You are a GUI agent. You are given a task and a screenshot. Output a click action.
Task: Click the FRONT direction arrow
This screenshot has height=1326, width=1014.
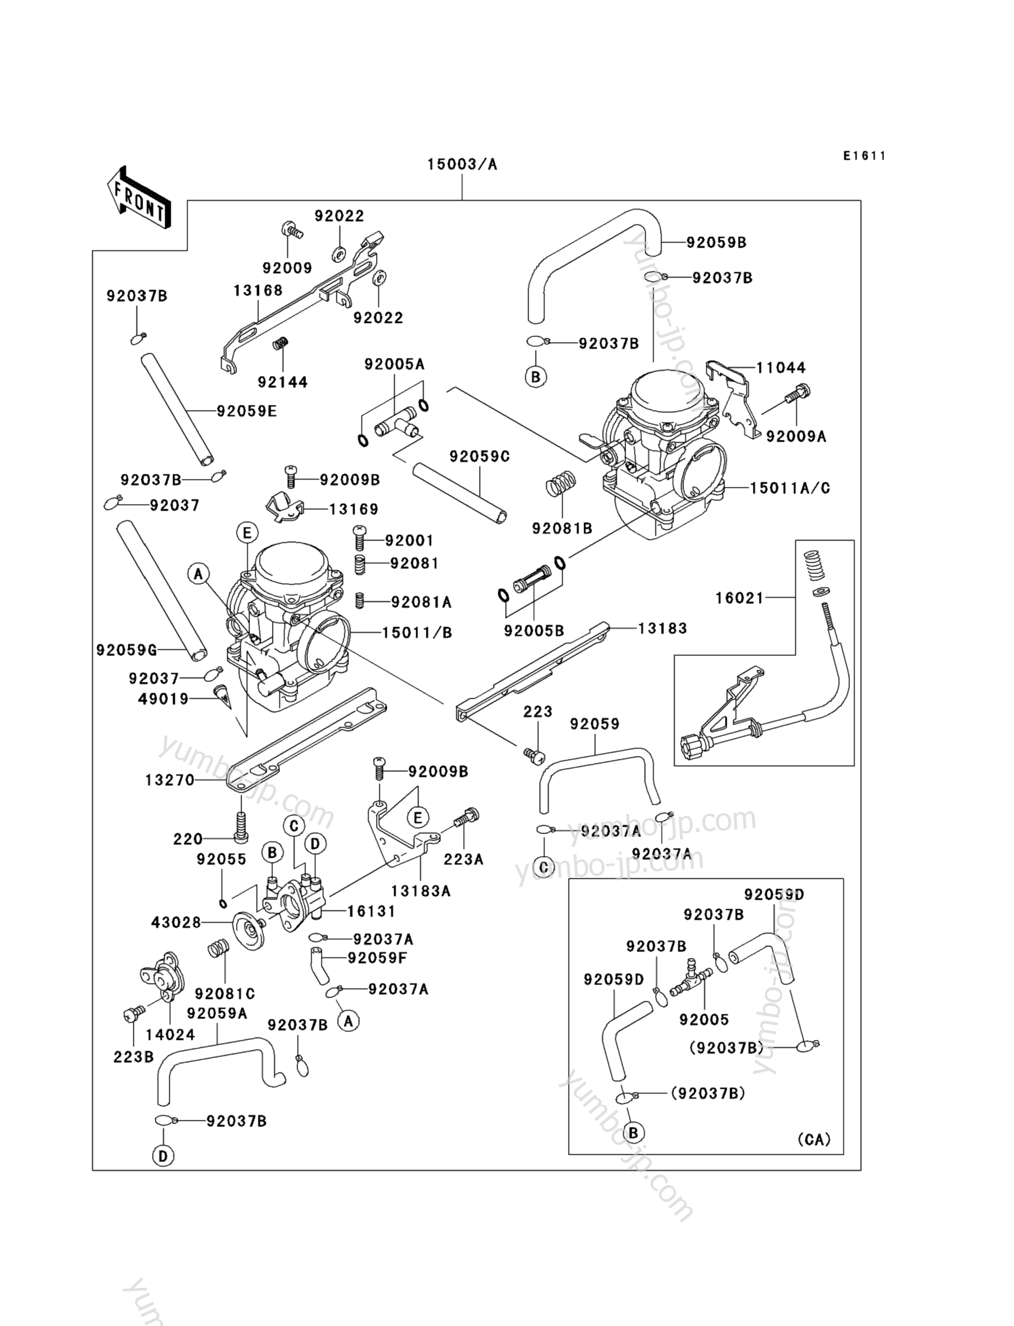[138, 197]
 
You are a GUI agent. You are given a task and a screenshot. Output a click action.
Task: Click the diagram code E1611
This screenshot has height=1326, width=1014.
[864, 156]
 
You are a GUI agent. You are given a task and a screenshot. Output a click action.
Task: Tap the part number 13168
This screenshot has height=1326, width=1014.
[258, 291]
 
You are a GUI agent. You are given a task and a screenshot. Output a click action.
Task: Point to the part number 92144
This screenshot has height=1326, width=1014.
[282, 382]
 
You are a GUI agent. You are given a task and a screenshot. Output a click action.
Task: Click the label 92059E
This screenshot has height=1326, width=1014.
[247, 412]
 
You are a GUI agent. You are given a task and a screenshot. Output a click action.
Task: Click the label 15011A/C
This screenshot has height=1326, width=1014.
[790, 487]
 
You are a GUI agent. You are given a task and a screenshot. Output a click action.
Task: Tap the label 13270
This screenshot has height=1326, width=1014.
[170, 780]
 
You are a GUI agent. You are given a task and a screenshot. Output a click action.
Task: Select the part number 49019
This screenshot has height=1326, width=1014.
[163, 699]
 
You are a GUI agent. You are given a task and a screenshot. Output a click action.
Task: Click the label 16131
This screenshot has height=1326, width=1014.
[371, 912]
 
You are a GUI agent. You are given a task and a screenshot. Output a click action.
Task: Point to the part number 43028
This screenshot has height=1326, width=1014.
[176, 923]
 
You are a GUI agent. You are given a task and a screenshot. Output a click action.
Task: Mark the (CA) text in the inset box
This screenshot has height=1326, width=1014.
[814, 1139]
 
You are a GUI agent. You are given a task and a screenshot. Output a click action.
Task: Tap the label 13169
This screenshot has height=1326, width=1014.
[353, 509]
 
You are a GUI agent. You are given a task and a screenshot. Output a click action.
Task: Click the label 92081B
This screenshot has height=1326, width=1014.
[562, 528]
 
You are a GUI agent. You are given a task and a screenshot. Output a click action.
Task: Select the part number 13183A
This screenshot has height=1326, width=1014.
[421, 891]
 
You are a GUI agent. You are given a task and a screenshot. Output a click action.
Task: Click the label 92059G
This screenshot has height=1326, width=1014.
[126, 650]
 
